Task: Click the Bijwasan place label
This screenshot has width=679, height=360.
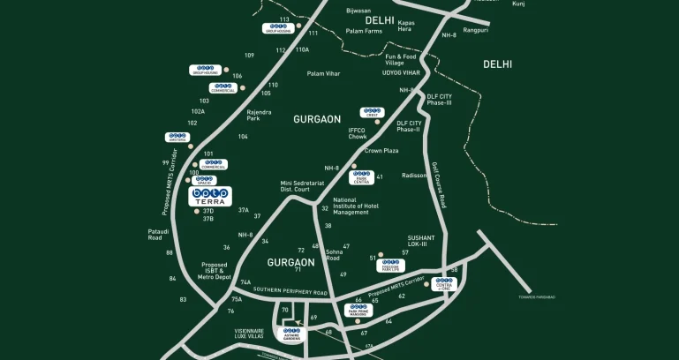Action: (358, 11)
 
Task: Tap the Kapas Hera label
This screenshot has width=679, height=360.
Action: (406, 26)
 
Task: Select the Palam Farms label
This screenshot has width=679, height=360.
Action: (365, 31)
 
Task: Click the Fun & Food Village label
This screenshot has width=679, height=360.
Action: (400, 60)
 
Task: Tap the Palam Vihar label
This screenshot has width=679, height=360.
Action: (323, 73)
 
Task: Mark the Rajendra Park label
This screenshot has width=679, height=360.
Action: (260, 115)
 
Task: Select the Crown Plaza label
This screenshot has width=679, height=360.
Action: (381, 151)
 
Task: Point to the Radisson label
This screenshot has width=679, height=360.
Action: (415, 175)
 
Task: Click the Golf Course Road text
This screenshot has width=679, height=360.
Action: (439, 184)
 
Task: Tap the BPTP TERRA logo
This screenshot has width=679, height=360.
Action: (210, 197)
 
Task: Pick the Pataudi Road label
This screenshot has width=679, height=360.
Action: (155, 234)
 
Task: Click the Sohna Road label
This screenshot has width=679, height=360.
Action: (333, 256)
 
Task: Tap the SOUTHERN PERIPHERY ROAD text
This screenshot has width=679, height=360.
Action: (290, 291)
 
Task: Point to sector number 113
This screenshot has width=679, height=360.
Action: (284, 19)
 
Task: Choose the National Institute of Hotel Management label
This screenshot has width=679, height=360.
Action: (351, 206)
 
